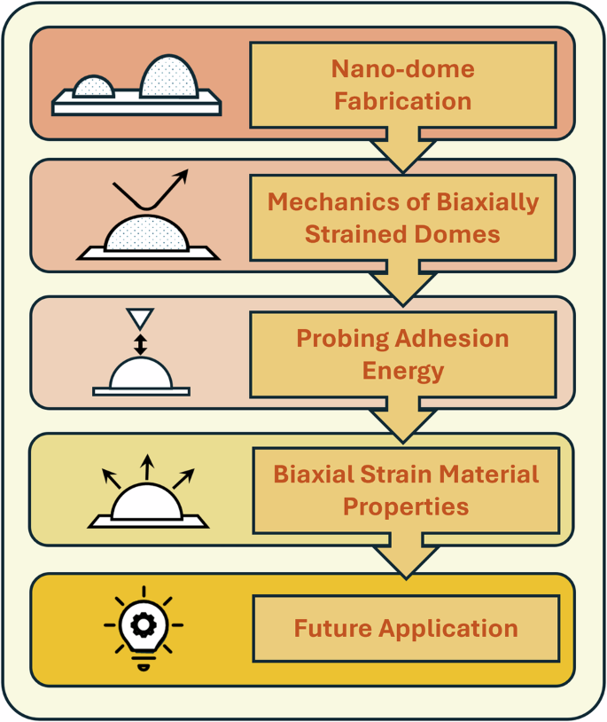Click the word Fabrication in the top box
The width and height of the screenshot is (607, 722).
(x=402, y=99)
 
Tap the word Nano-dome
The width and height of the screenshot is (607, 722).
(x=402, y=68)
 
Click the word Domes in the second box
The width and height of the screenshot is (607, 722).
(x=463, y=235)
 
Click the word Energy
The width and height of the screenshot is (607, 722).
(x=403, y=370)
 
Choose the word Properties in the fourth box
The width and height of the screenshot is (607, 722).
(x=405, y=506)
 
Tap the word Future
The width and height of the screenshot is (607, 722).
(x=332, y=628)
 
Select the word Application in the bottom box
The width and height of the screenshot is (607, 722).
(x=447, y=628)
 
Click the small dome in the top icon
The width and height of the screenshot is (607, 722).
(x=93, y=87)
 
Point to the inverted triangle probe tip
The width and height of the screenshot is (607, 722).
(x=139, y=318)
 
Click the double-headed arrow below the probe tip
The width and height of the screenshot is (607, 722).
(x=140, y=342)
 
